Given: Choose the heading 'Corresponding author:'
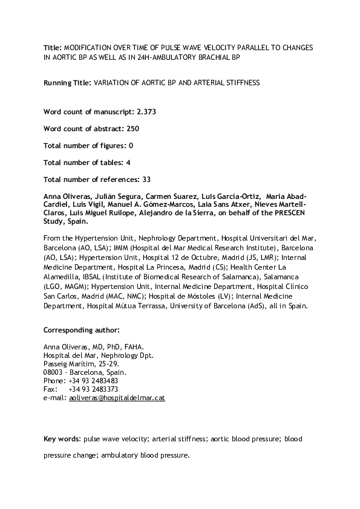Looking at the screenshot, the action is click(82, 329).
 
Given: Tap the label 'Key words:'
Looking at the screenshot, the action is click(62, 438).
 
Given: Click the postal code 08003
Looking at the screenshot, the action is click(54, 373).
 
